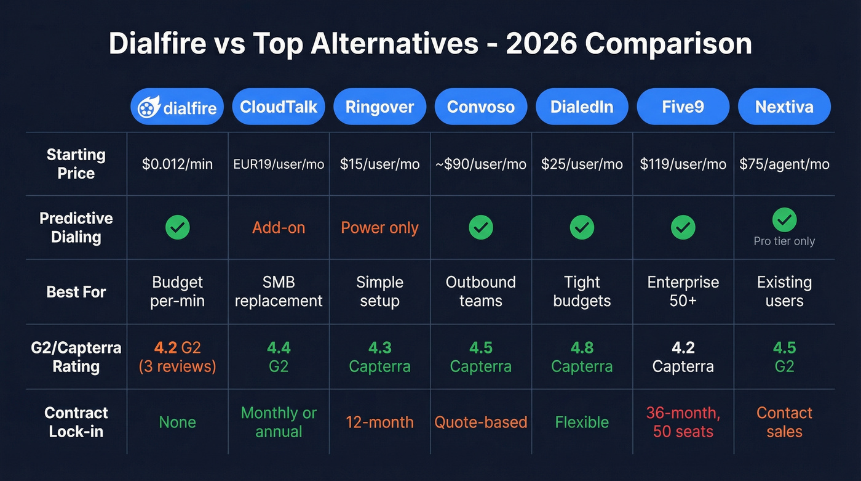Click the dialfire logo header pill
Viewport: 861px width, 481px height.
tap(177, 107)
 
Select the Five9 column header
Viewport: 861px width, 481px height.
tap(683, 107)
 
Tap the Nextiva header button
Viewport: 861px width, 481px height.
tap(784, 107)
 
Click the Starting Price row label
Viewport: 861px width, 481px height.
tap(76, 164)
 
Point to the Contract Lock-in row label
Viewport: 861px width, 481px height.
tap(76, 422)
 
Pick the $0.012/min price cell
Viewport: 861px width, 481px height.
tap(177, 164)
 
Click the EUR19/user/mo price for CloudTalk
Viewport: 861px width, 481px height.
tap(279, 164)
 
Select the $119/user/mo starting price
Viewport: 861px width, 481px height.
tap(683, 164)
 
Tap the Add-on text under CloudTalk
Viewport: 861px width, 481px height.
tap(279, 228)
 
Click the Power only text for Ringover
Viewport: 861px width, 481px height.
tap(379, 228)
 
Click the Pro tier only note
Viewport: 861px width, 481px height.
tap(784, 241)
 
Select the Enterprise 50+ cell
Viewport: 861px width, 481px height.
tap(683, 291)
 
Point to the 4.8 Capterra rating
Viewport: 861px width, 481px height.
tap(582, 357)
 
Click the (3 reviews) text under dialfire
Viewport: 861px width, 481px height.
tap(177, 366)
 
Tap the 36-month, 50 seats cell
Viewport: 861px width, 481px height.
tap(683, 422)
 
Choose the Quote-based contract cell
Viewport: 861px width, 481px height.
tap(481, 422)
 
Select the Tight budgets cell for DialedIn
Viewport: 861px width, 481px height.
tap(582, 291)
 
